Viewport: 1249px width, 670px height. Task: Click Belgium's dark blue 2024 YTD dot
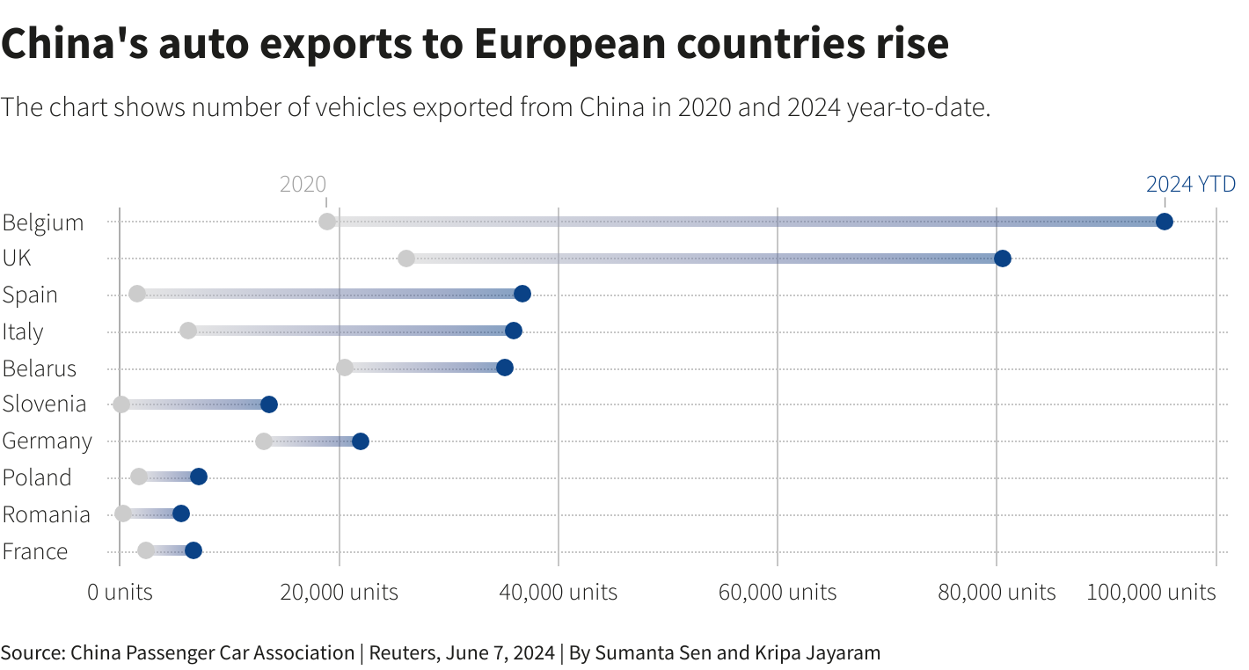pyautogui.click(x=1164, y=222)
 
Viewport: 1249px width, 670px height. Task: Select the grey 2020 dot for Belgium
pyautogui.click(x=327, y=222)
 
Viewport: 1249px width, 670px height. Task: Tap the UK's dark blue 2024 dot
pyautogui.click(x=1002, y=259)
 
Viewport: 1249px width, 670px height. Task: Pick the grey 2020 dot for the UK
pyautogui.click(x=405, y=259)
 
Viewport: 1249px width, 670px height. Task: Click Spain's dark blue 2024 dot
pyautogui.click(x=522, y=294)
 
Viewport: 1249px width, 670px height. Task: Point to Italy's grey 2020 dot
pyautogui.click(x=187, y=331)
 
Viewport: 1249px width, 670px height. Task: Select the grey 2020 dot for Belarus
pyautogui.click(x=345, y=368)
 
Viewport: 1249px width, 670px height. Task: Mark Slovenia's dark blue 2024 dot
pyautogui.click(x=269, y=404)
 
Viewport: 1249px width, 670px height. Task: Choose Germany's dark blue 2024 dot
pyautogui.click(x=360, y=441)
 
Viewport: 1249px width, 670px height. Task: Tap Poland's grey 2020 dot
pyautogui.click(x=139, y=477)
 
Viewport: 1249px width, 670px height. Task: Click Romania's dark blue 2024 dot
pyautogui.click(x=181, y=513)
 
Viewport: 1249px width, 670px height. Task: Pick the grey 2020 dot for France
pyautogui.click(x=146, y=550)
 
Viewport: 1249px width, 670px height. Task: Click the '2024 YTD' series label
pyautogui.click(x=1190, y=185)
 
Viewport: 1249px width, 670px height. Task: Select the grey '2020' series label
pyautogui.click(x=303, y=185)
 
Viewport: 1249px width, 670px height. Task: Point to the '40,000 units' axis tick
pyautogui.click(x=559, y=593)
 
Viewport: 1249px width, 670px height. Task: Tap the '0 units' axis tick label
pyautogui.click(x=120, y=593)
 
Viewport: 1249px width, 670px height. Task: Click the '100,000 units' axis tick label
pyautogui.click(x=1150, y=593)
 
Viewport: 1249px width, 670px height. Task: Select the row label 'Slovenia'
pyautogui.click(x=44, y=404)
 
